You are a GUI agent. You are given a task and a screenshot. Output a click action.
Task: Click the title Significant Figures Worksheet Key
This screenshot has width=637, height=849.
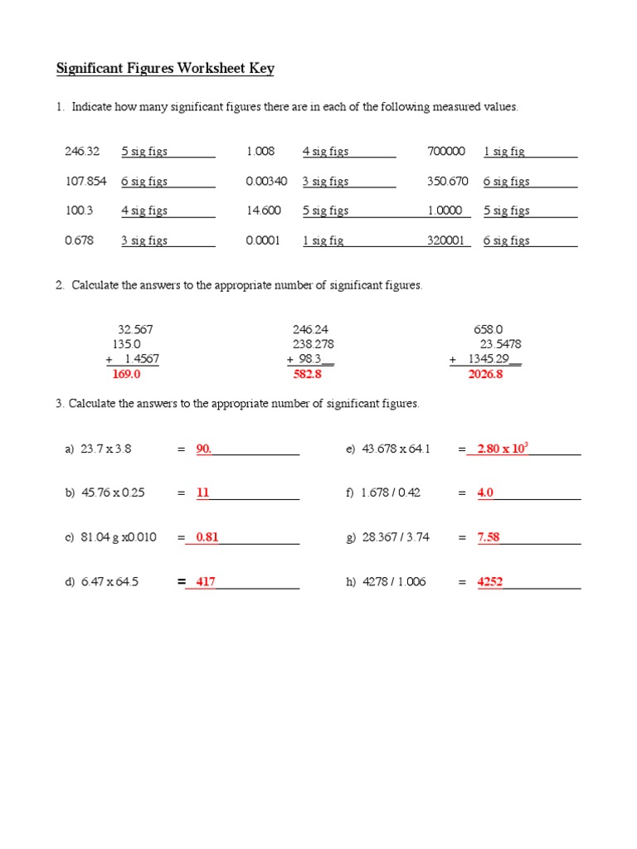coord(165,68)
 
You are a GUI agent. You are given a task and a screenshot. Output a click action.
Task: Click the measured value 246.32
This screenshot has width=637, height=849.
coord(82,152)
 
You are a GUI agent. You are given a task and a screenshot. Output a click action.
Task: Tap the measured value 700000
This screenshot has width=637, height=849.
coord(446,152)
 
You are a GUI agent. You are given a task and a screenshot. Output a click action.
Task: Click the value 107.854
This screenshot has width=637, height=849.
coord(85,182)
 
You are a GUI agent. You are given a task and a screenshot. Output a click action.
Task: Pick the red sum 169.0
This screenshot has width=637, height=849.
coord(126,375)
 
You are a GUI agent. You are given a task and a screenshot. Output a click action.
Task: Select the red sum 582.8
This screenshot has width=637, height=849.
coord(307,375)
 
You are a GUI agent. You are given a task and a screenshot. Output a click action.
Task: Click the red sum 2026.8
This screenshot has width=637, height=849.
coord(485,375)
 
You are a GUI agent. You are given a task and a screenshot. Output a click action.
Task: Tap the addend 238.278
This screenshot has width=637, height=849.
coord(314,344)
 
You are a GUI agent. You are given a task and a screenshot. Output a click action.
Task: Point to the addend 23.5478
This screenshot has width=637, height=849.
coord(500,344)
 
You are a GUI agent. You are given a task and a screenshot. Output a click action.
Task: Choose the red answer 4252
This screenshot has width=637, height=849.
coord(490,582)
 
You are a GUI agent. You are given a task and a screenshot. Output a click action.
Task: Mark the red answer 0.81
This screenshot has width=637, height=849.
coord(207,537)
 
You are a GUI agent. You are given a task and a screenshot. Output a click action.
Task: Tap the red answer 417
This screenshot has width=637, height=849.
coord(205,582)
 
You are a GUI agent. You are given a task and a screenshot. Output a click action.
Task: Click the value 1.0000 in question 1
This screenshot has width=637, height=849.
coord(445,211)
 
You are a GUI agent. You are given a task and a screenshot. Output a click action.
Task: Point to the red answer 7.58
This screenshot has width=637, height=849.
coord(489,537)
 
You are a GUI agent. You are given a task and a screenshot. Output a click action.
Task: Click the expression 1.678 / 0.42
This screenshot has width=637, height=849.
coord(391,492)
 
